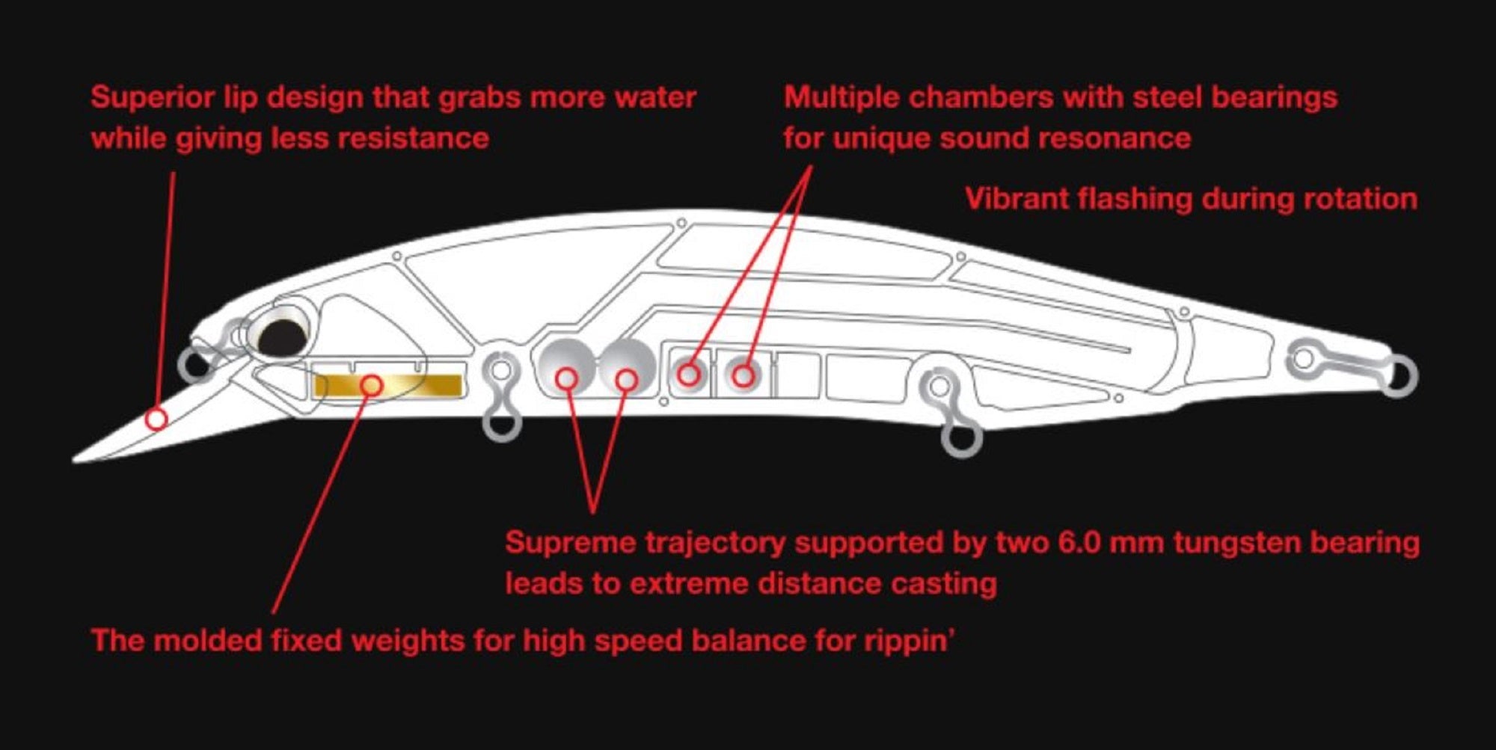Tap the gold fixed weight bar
[387, 385]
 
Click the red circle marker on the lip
[156, 419]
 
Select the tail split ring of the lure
[1398, 376]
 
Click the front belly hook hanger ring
[502, 422]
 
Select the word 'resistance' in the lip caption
[413, 138]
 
